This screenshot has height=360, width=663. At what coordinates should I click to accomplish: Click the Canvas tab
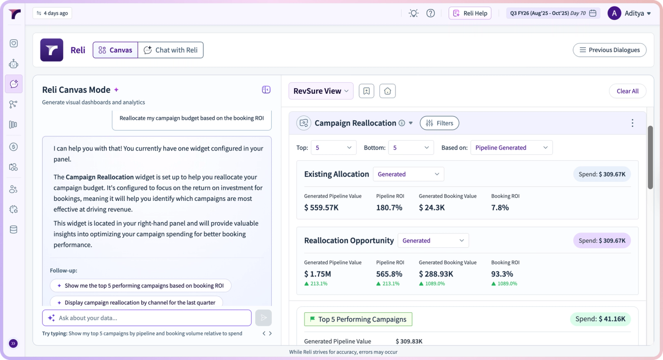(115, 50)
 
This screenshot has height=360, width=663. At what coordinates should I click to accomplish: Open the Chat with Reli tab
(170, 50)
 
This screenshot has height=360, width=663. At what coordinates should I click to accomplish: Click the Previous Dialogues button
(609, 50)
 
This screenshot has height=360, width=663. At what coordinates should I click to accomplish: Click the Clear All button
(627, 91)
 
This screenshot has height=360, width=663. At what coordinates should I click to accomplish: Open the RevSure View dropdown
(321, 91)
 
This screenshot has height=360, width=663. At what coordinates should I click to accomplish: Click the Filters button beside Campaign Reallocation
(439, 123)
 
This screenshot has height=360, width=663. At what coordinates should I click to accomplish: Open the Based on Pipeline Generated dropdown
(511, 147)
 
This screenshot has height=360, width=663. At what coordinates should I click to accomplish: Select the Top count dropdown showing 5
(333, 147)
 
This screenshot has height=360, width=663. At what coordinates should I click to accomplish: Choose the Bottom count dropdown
(411, 147)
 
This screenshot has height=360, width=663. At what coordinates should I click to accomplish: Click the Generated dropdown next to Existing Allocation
(408, 174)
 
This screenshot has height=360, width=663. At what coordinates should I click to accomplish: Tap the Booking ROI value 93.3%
(502, 274)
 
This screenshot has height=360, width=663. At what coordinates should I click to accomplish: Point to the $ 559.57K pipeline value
(321, 207)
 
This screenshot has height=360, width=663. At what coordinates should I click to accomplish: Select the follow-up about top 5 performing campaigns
(141, 285)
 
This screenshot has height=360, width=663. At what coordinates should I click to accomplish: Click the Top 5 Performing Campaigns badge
(358, 319)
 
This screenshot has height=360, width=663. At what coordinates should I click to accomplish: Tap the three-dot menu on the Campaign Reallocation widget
(633, 123)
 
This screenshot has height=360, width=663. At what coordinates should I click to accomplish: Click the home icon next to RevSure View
(387, 91)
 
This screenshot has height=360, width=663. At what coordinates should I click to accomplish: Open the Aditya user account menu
(629, 13)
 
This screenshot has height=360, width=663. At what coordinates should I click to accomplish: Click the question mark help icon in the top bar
(430, 13)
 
